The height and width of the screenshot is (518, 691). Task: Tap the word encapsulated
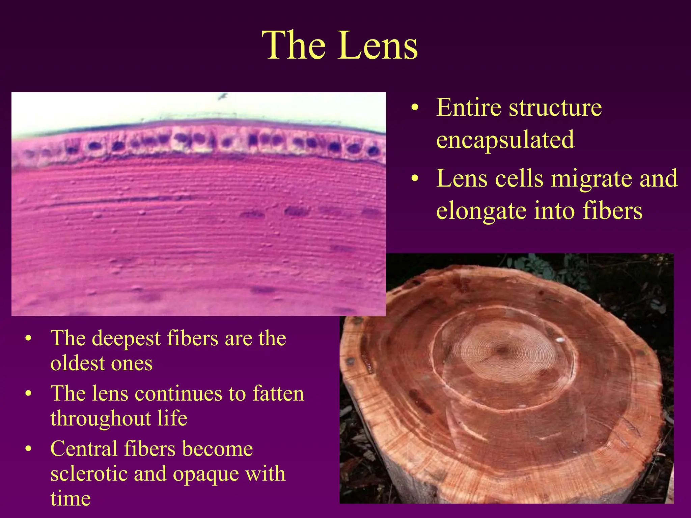tap(505, 139)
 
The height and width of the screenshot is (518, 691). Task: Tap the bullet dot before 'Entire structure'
tap(415, 108)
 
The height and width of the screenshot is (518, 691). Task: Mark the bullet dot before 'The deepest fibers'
tap(29, 339)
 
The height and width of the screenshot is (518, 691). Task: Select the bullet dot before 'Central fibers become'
tap(29, 449)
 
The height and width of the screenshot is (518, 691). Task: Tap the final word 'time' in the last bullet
tap(71, 498)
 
